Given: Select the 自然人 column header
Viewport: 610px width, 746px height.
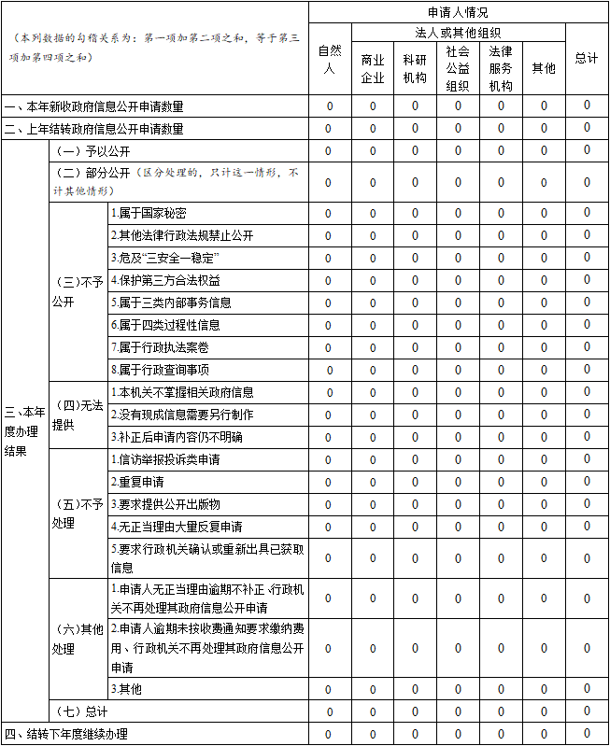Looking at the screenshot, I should click(x=328, y=58).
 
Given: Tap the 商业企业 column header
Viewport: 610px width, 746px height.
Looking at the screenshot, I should click(x=373, y=68).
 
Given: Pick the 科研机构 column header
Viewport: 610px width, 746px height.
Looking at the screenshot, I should click(x=415, y=68).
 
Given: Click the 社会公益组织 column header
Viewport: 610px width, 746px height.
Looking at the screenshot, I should click(x=458, y=68).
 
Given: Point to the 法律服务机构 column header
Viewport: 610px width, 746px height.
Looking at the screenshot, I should click(x=501, y=68).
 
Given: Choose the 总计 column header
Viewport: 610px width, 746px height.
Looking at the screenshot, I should click(x=587, y=58).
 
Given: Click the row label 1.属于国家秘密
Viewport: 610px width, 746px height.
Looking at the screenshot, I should click(x=149, y=213).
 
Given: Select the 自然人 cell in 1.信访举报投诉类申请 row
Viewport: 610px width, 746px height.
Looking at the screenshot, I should click(x=328, y=459).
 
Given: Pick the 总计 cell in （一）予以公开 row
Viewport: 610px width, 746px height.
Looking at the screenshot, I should click(x=587, y=151).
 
